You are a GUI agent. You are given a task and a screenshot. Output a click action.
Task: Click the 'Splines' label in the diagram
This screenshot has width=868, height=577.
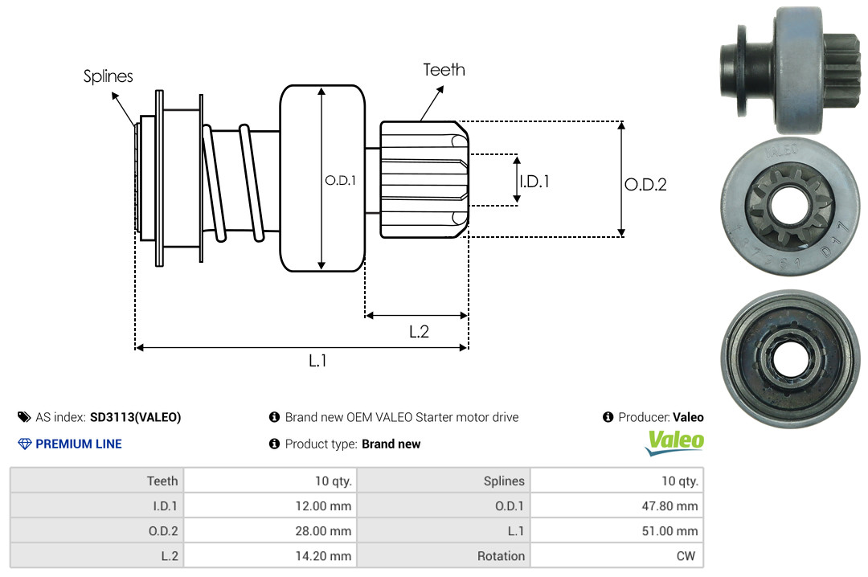click(x=108, y=76)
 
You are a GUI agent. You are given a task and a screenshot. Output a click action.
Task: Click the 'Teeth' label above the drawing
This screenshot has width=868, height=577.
click(x=444, y=70)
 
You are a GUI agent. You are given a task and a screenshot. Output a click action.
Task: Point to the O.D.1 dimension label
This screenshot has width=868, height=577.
click(x=340, y=181)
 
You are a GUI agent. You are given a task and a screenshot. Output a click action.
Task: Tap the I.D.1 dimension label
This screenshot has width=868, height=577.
click(x=534, y=182)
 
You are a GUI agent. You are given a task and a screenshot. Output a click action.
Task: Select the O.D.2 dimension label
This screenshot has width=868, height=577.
click(x=645, y=184)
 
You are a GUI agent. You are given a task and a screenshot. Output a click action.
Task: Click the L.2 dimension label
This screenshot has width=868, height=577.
click(x=419, y=331)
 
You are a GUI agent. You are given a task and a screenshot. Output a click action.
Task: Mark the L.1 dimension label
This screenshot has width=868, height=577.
click(x=318, y=361)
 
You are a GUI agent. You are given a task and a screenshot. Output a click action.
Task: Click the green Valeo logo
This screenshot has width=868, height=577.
click(x=675, y=442)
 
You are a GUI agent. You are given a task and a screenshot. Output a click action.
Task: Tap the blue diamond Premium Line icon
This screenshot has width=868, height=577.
click(x=24, y=444)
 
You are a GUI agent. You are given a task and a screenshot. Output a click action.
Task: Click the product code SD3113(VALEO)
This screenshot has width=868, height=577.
click(x=135, y=417)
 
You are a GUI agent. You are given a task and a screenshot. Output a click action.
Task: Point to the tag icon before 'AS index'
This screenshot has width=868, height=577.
click(x=24, y=417)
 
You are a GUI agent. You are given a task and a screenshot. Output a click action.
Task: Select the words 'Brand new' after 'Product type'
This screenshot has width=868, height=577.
click(x=391, y=444)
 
